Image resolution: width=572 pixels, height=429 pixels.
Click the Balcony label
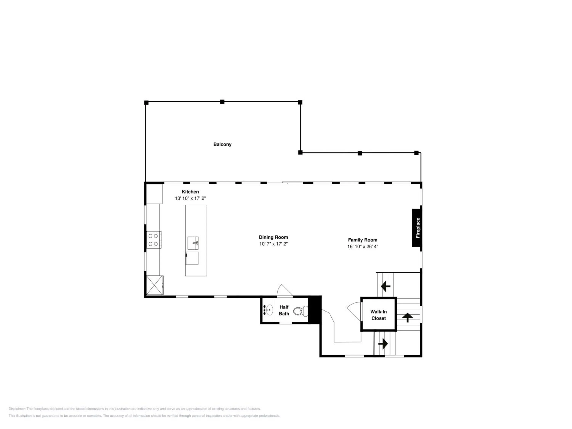(222, 144)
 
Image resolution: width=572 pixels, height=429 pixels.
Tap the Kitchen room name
(190, 192)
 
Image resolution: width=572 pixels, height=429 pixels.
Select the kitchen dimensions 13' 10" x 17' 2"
(190, 198)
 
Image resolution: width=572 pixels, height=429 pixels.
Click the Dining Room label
(273, 237)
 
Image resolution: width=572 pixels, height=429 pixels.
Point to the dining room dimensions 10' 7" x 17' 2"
(273, 244)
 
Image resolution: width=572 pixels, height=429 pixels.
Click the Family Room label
(362, 240)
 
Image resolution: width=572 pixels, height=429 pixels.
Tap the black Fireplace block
(417, 228)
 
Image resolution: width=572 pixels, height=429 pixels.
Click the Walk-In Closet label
(379, 315)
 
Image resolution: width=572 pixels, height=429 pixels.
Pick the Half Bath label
(284, 310)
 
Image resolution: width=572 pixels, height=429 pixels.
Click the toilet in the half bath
(301, 311)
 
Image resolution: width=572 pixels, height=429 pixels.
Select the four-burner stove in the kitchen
(154, 240)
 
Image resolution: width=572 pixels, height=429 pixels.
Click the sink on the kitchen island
(193, 243)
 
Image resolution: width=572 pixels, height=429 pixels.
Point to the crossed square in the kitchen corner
(154, 285)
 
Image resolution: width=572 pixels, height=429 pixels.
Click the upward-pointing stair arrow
(407, 317)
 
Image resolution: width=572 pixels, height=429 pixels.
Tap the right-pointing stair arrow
(383, 344)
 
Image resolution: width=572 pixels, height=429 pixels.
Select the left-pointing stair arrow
(386, 286)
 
